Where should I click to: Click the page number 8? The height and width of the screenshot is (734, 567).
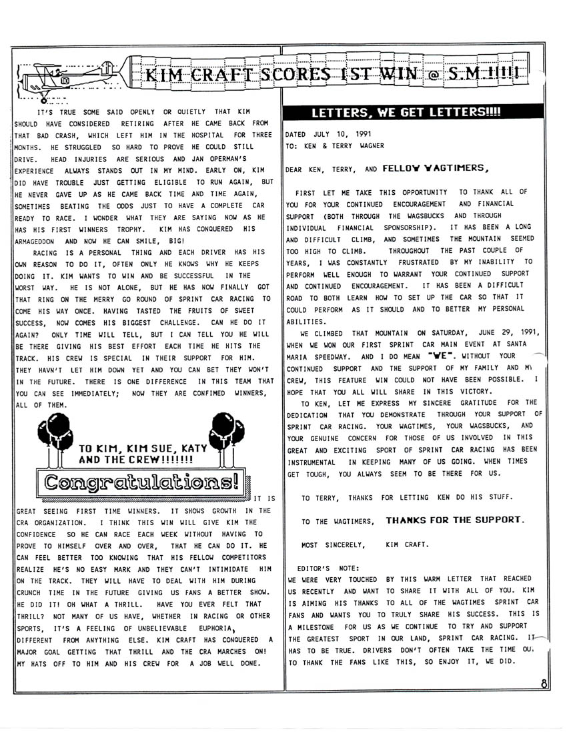tap(545, 683)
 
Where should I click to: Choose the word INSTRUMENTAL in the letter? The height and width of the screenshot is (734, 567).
tap(314, 461)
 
